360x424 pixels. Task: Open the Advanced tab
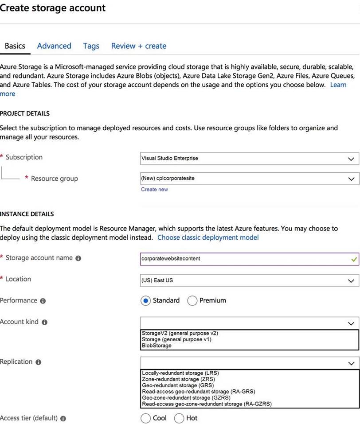(x=54, y=46)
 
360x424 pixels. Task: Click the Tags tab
(x=91, y=46)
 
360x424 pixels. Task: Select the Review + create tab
(x=139, y=46)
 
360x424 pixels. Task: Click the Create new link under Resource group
(x=154, y=189)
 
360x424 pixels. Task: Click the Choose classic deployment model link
(x=208, y=237)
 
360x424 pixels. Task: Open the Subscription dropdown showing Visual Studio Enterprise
(x=249, y=158)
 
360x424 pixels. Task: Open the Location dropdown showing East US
(x=249, y=281)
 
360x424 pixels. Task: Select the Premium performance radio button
(x=192, y=301)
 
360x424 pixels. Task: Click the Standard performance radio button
(x=145, y=301)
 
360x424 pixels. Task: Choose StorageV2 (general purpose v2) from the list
(x=180, y=333)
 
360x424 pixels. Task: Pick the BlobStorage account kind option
(x=157, y=346)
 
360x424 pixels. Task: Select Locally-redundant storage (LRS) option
(x=180, y=373)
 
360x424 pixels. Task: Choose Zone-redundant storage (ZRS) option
(x=177, y=379)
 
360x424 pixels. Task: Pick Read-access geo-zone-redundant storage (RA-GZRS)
(x=207, y=404)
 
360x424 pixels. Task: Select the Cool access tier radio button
(x=145, y=418)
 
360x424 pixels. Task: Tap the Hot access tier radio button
(x=179, y=418)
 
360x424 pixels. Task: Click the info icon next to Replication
(x=38, y=362)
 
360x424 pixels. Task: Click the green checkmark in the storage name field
(x=353, y=259)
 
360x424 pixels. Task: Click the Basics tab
(x=15, y=46)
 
